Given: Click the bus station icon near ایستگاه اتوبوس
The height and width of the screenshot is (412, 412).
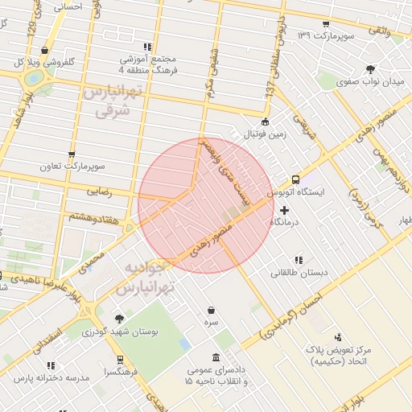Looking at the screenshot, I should (295, 179).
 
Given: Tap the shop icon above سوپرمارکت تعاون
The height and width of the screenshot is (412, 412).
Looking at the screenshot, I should (72, 154).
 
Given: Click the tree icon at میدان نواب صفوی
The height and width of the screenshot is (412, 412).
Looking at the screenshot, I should (369, 69).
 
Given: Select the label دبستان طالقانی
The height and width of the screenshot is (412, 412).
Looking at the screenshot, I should (299, 273).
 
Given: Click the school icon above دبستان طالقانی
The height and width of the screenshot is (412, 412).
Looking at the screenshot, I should (299, 260).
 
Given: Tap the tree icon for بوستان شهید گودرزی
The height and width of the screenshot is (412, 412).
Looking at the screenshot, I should (119, 319).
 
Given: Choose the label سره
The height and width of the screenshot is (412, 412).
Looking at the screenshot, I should (211, 322).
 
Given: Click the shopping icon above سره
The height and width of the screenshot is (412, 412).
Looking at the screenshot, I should (211, 310).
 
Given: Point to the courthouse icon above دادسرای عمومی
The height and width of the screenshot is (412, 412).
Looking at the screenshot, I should (215, 357).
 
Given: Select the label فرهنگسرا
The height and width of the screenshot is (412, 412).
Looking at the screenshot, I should (120, 373).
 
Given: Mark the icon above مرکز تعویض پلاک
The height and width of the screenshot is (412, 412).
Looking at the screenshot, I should (338, 336).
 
